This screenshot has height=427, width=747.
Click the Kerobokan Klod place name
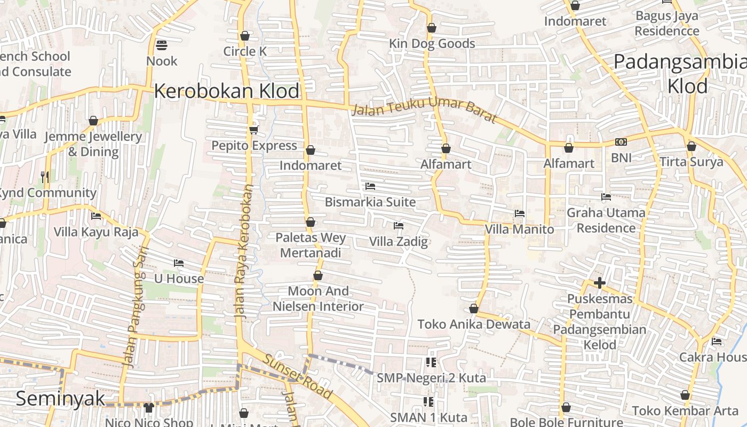click(227, 91)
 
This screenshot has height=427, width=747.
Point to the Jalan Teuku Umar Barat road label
click(424, 109)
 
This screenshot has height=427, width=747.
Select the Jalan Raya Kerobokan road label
click(244, 251)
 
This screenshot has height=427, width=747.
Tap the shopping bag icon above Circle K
click(245, 36)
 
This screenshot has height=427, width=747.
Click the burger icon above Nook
click(162, 45)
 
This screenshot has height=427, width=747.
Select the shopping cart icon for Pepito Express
click(253, 130)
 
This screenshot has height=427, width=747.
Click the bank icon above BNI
click(621, 142)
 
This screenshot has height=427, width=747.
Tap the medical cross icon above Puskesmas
click(600, 283)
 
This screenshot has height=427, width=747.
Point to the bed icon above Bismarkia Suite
click(370, 186)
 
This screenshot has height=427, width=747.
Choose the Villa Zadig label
click(399, 242)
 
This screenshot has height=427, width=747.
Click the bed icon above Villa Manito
click(520, 213)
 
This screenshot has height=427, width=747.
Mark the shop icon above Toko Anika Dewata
click(474, 309)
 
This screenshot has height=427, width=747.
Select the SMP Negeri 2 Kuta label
click(431, 378)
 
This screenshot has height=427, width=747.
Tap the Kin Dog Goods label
click(432, 44)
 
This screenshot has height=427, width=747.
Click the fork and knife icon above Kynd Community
click(45, 177)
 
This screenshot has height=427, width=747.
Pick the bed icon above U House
click(179, 263)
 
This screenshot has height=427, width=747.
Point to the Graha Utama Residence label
click(606, 220)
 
